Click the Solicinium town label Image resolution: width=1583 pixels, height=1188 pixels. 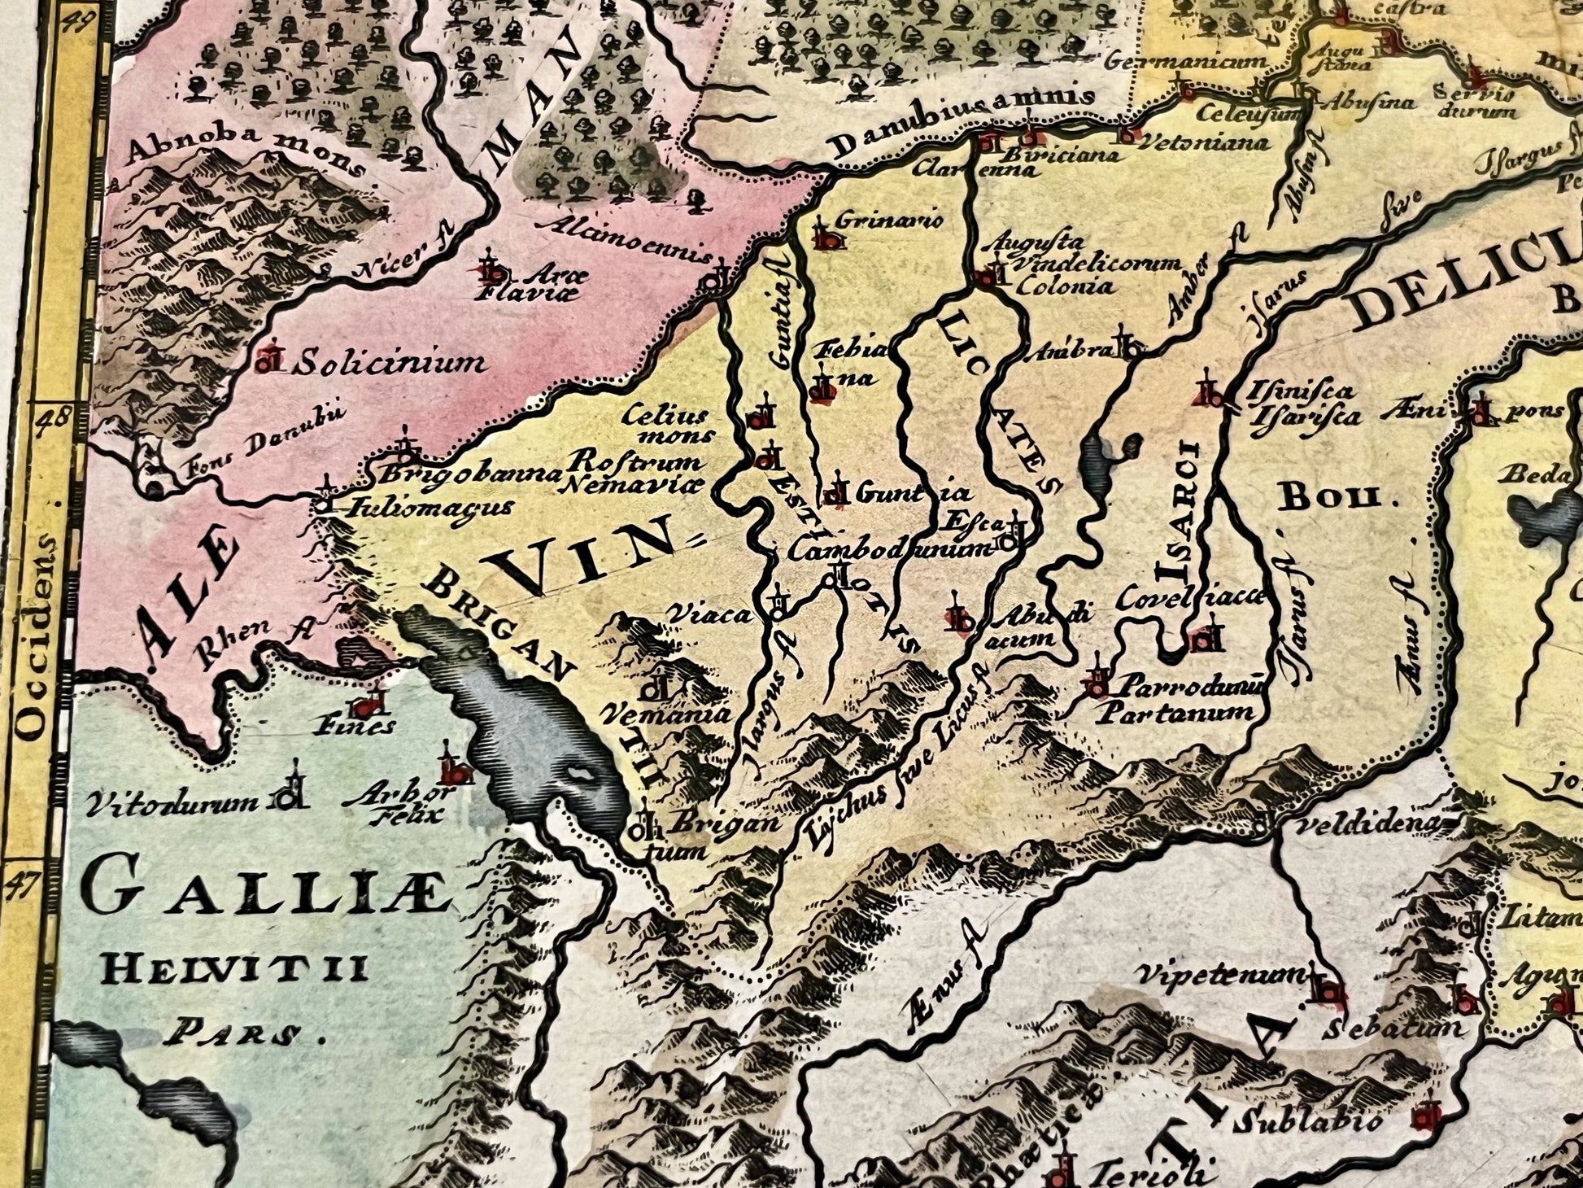[389, 362]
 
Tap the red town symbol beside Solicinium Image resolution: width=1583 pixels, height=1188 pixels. [269, 360]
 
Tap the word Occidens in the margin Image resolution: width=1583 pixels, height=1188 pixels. [33, 638]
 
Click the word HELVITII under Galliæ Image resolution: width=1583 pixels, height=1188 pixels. [237, 969]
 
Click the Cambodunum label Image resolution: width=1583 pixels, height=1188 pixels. [890, 550]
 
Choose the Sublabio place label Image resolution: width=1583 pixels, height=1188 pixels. [1306, 1123]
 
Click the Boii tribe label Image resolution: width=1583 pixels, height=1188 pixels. [1329, 496]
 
